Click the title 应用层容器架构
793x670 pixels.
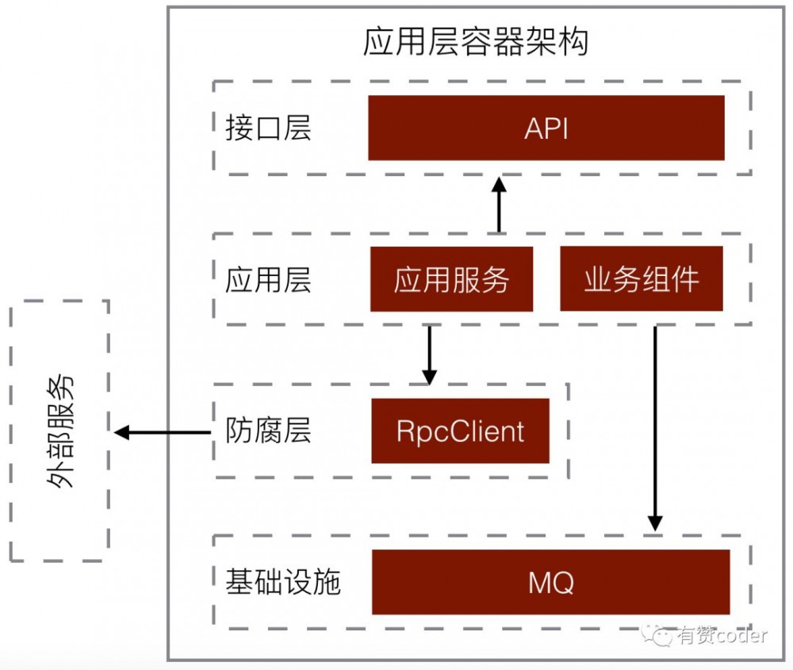[x=475, y=42]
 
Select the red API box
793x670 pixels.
[x=546, y=128]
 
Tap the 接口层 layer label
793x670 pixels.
[x=268, y=128]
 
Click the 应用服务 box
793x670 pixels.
[x=451, y=280]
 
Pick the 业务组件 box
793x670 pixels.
[x=641, y=280]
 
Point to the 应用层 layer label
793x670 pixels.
[x=268, y=280]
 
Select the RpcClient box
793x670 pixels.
[x=460, y=431]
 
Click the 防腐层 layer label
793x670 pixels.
[x=268, y=431]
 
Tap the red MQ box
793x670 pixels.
[x=550, y=583]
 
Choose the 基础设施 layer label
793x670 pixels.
[x=282, y=583]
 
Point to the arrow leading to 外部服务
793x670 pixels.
[x=163, y=432]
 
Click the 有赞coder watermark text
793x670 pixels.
[x=722, y=636]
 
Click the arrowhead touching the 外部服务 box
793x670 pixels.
[x=121, y=432]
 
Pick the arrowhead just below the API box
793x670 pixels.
[x=498, y=184]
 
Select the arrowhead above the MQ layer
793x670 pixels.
[x=654, y=523]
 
